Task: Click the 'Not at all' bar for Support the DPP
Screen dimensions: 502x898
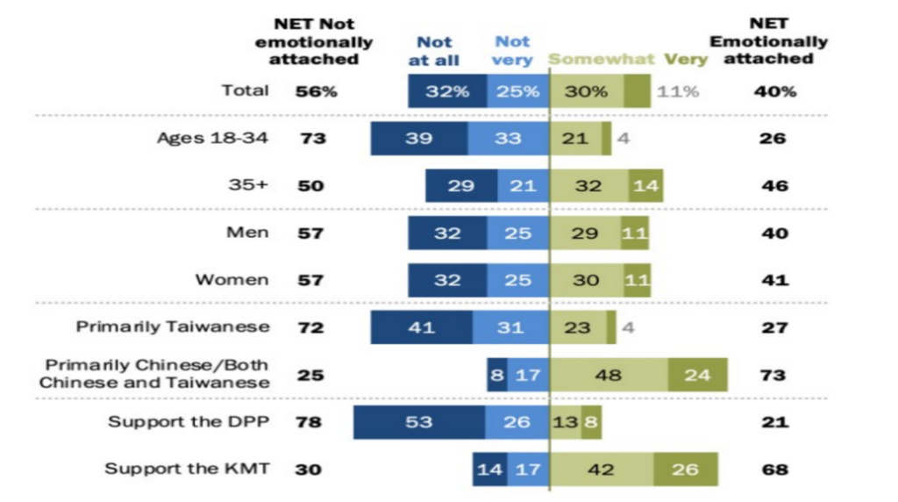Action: pos(418,422)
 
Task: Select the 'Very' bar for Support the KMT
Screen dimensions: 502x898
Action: pos(686,470)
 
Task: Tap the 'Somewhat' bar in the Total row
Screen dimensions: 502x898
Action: pos(586,91)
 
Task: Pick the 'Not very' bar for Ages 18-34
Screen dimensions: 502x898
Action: pos(507,139)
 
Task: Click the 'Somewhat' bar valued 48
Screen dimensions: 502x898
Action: pos(608,375)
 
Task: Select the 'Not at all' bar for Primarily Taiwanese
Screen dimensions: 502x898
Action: pos(421,327)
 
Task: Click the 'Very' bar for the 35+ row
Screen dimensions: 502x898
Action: pos(645,186)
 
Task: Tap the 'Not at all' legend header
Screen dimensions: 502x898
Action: pos(434,51)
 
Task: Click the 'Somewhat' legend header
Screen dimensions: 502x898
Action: pos(602,60)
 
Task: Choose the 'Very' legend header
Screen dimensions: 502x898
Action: pos(686,60)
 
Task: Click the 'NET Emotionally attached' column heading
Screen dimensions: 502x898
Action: pos(767,41)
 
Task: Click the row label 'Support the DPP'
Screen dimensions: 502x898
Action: pos(189,422)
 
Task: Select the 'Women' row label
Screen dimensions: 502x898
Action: pos(232,280)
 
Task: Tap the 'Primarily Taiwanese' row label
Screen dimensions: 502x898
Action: pos(173,327)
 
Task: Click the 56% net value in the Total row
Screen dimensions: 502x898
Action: pos(317,91)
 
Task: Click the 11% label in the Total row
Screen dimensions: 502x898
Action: pos(680,91)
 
